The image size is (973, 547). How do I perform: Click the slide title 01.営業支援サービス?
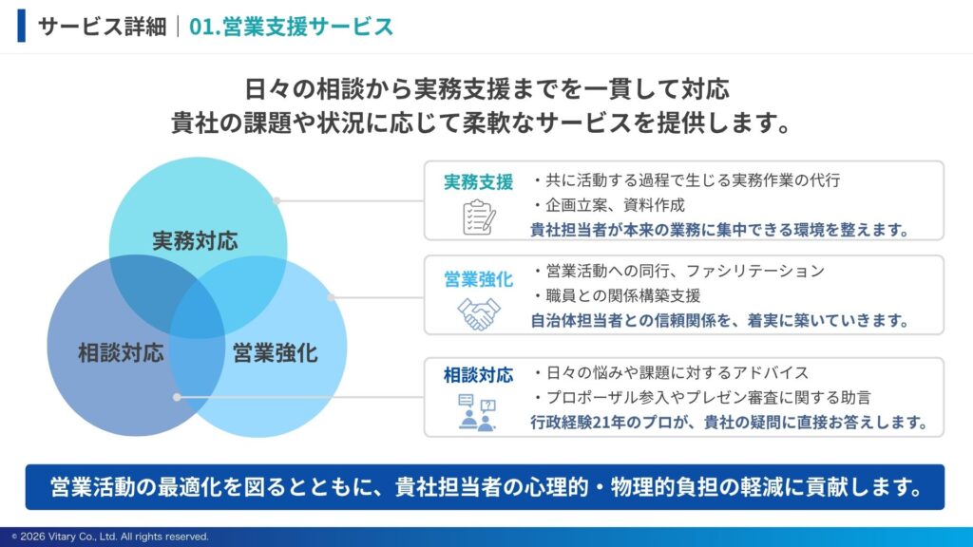pos(291,27)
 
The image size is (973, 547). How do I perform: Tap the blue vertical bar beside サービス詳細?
pos(22,26)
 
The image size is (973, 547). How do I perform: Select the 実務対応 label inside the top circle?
pos(195,240)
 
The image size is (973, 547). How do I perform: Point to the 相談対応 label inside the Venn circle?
pos(121,353)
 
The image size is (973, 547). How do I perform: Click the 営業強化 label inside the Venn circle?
pos(275,353)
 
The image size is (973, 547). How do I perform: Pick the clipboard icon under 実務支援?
pos(479,217)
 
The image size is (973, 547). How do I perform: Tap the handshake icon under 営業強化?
pos(479,313)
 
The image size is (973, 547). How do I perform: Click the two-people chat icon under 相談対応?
pos(477,412)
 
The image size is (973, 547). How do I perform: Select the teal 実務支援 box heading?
pos(479,181)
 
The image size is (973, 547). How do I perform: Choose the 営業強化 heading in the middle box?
pos(479,280)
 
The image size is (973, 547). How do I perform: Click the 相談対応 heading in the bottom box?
pos(479,375)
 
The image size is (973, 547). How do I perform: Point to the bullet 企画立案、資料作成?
pos(609,205)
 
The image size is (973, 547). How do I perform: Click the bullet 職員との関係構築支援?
pos(617,296)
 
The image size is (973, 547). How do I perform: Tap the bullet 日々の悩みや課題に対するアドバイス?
pos(671,372)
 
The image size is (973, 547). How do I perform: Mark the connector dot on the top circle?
pos(277,201)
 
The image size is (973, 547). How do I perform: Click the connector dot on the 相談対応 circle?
pos(177,397)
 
